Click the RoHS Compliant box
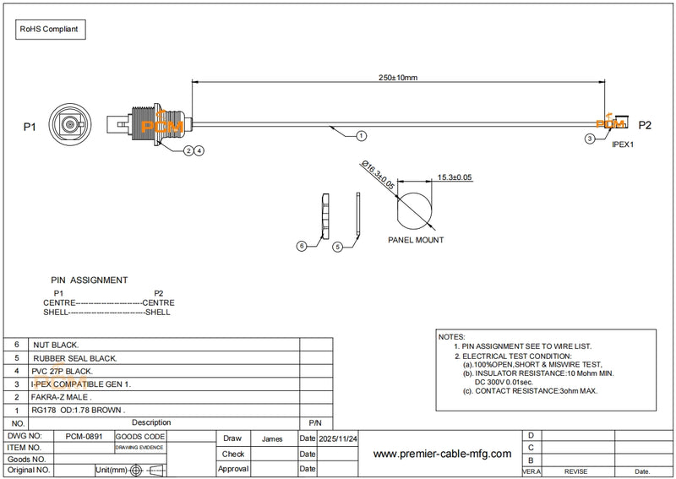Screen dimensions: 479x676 pyautogui.click(x=49, y=29)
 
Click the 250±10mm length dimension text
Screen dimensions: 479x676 pyautogui.click(x=398, y=77)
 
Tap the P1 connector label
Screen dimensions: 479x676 pyautogui.click(x=30, y=127)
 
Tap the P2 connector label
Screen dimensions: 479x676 pyautogui.click(x=645, y=126)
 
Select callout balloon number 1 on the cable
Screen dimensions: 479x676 pyautogui.click(x=361, y=135)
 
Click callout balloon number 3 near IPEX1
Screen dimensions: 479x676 pyautogui.click(x=589, y=137)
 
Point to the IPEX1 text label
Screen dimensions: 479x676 pyautogui.click(x=623, y=144)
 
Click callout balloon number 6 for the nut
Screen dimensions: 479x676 pyautogui.click(x=301, y=246)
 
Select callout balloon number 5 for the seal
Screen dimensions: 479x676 pyautogui.click(x=336, y=247)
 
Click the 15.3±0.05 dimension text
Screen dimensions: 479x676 pyautogui.click(x=455, y=177)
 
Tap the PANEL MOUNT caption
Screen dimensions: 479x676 pyautogui.click(x=416, y=240)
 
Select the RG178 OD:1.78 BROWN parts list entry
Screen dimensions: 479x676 pyautogui.click(x=79, y=410)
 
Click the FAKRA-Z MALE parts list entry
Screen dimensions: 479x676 pyautogui.click(x=62, y=397)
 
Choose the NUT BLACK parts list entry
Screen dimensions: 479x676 pyautogui.click(x=56, y=346)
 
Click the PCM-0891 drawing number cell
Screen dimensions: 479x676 pyautogui.click(x=84, y=436)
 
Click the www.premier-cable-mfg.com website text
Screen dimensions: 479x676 pyautogui.click(x=442, y=454)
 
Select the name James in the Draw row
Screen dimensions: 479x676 pyautogui.click(x=273, y=439)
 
